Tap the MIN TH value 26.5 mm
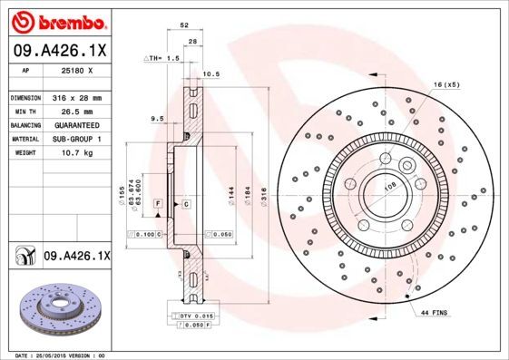(x=75, y=111)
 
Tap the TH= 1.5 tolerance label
(x=164, y=58)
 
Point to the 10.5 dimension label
(x=212, y=73)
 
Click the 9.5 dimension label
(x=155, y=118)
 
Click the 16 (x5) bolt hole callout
(x=446, y=84)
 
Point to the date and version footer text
(x=56, y=355)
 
